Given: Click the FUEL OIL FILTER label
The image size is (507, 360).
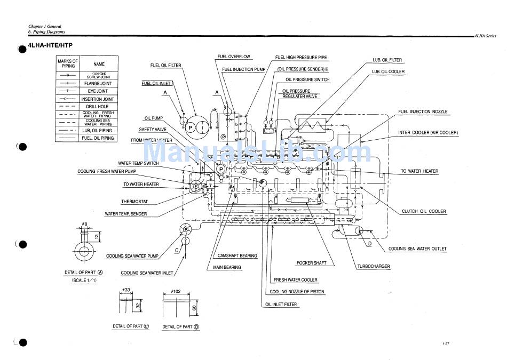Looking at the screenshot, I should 165,66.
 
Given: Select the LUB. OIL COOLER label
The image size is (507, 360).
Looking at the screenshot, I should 388,71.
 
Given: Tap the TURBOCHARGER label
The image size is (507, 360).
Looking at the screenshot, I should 373,266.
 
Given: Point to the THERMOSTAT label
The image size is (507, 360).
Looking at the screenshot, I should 134,202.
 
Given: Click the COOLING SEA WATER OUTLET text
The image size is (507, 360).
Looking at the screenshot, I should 417,249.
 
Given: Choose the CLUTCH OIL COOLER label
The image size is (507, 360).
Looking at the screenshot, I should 424,211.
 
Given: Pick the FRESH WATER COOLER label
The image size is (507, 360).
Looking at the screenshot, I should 296,280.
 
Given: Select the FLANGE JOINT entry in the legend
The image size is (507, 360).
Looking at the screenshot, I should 99,84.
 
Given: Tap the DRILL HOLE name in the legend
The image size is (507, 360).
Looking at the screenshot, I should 99,107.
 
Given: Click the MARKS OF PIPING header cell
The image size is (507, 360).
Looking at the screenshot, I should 68,63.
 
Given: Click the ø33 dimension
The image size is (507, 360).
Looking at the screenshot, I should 126,292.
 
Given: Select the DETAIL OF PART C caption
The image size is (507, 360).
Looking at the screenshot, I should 131,326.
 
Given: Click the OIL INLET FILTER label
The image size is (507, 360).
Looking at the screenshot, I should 281,304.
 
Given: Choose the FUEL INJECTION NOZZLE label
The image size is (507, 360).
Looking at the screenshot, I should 423,112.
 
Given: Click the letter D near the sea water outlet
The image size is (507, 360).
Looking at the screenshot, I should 369,244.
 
